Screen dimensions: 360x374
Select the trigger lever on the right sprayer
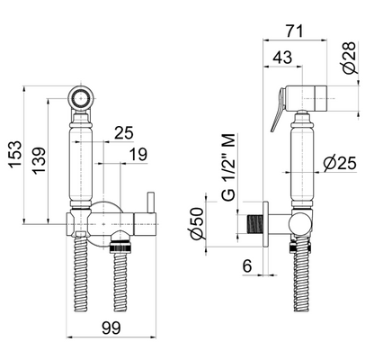point(282,110)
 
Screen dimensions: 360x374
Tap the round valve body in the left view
point(106,219)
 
